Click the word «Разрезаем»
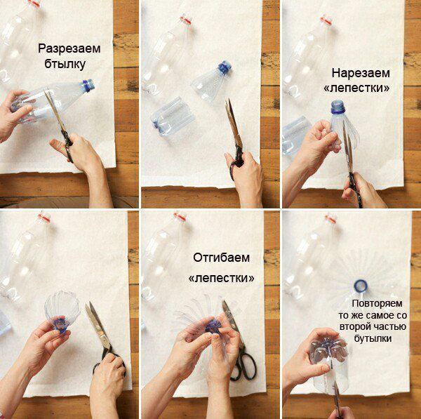(69, 49)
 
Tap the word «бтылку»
(65, 64)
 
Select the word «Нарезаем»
(361, 73)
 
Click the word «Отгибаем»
(221, 258)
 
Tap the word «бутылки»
(373, 338)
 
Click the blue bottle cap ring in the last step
(361, 286)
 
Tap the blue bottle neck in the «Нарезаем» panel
(338, 107)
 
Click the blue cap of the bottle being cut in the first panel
(88, 86)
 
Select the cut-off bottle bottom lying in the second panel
(172, 117)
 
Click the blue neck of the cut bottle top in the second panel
(225, 67)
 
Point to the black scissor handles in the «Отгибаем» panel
(243, 366)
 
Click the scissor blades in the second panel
(232, 123)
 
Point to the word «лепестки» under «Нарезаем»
(356, 88)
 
